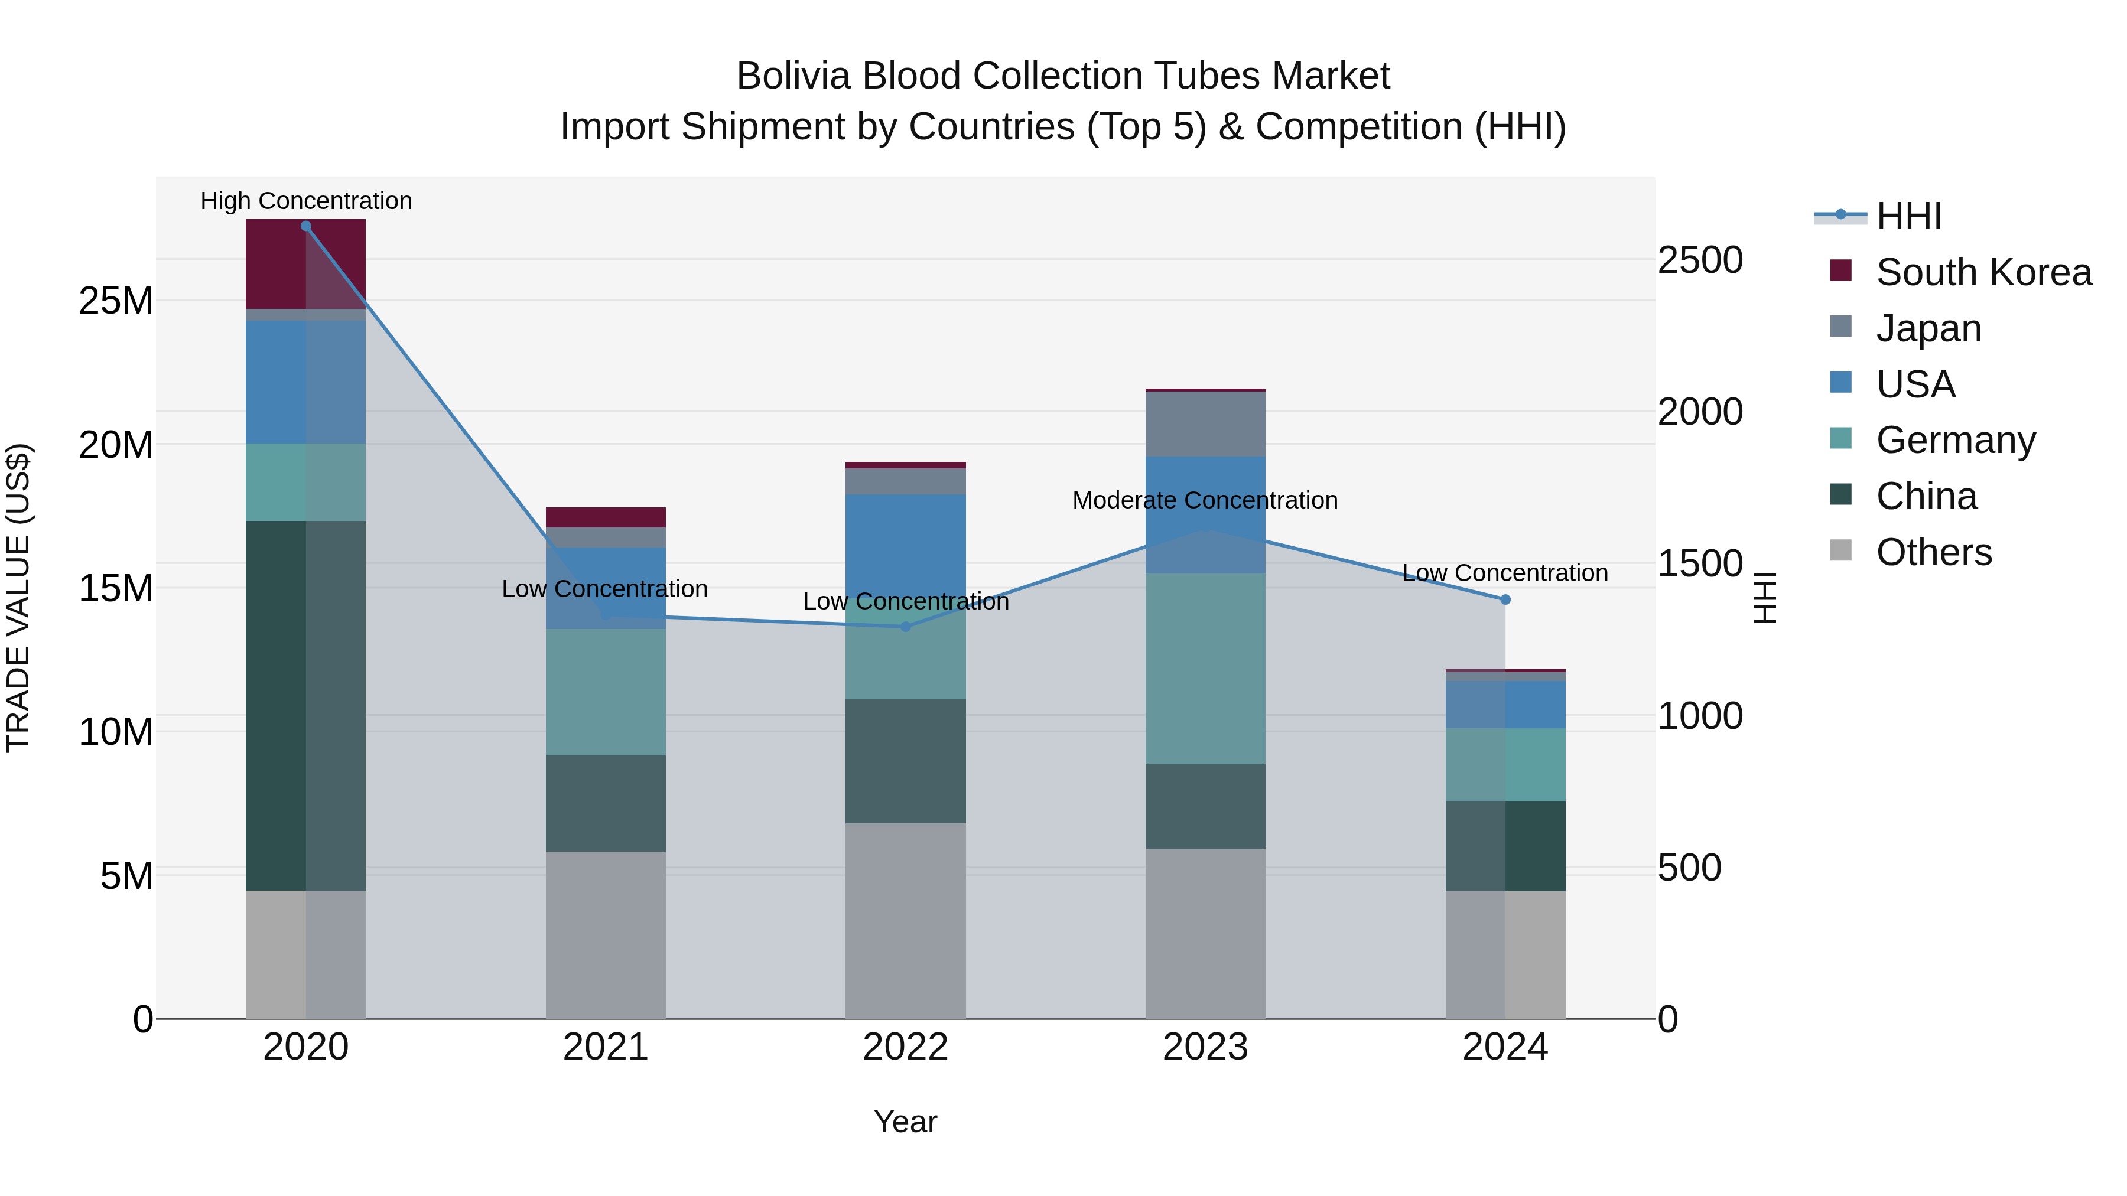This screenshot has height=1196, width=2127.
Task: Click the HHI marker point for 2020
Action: [x=305, y=226]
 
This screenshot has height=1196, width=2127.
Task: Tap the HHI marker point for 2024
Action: [x=1505, y=600]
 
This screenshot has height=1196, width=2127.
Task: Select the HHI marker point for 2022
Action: [x=906, y=627]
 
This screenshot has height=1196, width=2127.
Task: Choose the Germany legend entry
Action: [x=1955, y=440]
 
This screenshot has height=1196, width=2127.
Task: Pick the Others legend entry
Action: [x=1934, y=552]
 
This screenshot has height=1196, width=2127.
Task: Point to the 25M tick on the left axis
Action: [x=116, y=301]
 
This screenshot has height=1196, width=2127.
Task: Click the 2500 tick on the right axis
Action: [x=1700, y=260]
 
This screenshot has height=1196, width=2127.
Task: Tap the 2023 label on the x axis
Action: [x=1205, y=1047]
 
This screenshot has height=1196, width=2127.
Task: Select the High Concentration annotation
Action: [x=305, y=201]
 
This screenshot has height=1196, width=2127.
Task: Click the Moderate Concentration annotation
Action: [x=1205, y=500]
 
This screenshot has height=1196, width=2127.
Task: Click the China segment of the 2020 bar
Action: [x=305, y=706]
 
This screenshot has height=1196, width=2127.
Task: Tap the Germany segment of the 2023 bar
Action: [x=1205, y=669]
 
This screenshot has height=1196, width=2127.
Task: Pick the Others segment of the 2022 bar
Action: [x=906, y=920]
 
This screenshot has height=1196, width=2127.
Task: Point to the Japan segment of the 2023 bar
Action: [x=1205, y=424]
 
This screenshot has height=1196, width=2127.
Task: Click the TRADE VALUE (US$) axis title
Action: [x=19, y=598]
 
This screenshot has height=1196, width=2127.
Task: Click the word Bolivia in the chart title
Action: [x=793, y=76]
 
